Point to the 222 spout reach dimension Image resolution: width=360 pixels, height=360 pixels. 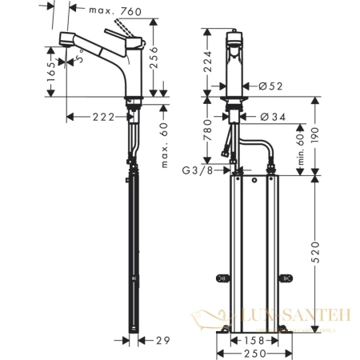(x=94, y=117)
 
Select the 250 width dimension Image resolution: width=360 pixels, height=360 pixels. (x=254, y=353)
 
